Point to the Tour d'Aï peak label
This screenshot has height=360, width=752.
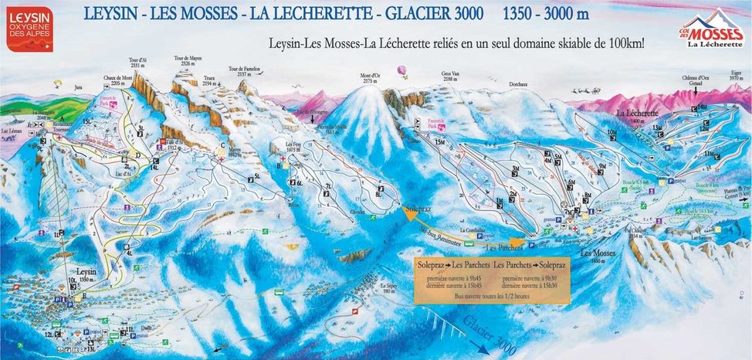click(139, 63)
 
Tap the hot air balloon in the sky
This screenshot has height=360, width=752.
click(401, 71)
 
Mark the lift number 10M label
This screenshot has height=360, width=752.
click(611, 133)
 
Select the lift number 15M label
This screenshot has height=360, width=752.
click(440, 142)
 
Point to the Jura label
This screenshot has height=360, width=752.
click(77, 89)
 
